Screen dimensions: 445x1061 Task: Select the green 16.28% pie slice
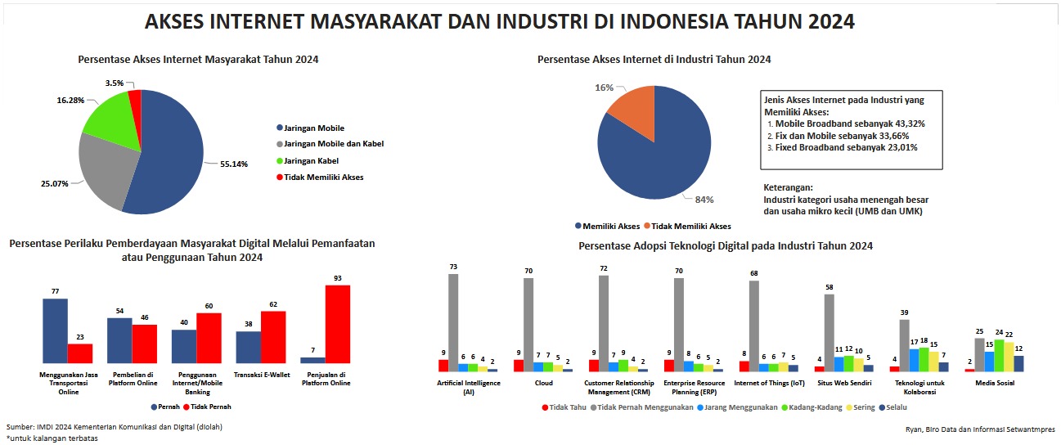click(x=107, y=118)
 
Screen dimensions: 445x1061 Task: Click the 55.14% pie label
click(x=235, y=164)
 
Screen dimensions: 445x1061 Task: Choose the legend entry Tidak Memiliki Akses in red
click(x=324, y=177)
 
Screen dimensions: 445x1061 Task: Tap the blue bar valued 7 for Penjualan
click(x=312, y=360)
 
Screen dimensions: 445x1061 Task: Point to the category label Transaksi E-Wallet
click(x=261, y=375)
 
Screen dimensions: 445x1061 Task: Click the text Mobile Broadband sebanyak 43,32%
click(x=850, y=124)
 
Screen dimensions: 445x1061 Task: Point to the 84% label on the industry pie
click(x=704, y=199)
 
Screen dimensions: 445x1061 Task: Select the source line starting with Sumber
click(x=114, y=427)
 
